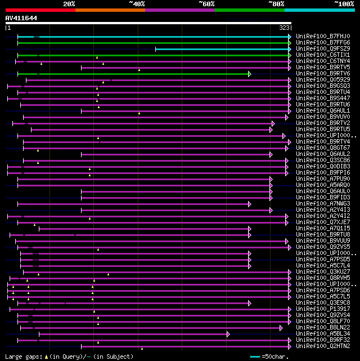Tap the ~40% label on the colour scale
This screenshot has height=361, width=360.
(137, 4)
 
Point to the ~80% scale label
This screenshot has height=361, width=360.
(276, 4)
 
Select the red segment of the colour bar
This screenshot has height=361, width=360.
(40, 10)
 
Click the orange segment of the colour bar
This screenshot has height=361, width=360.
(110, 10)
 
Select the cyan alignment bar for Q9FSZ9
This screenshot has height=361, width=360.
(222, 49)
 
